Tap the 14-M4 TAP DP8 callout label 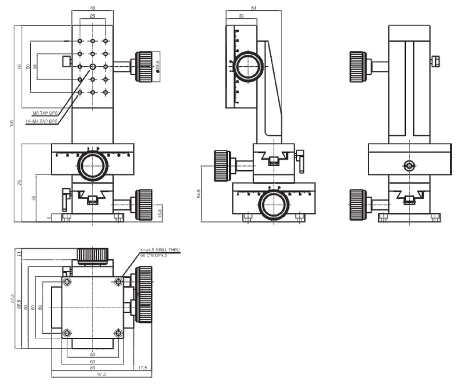(x=41, y=121)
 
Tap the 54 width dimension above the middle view (x=254, y=7)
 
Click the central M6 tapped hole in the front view (x=93, y=67)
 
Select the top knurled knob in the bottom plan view (x=93, y=256)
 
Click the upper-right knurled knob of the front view (x=144, y=63)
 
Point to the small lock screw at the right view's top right (x=436, y=60)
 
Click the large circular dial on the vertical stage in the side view (x=248, y=67)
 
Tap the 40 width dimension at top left (x=93, y=7)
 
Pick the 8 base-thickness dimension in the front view (x=49, y=217)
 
